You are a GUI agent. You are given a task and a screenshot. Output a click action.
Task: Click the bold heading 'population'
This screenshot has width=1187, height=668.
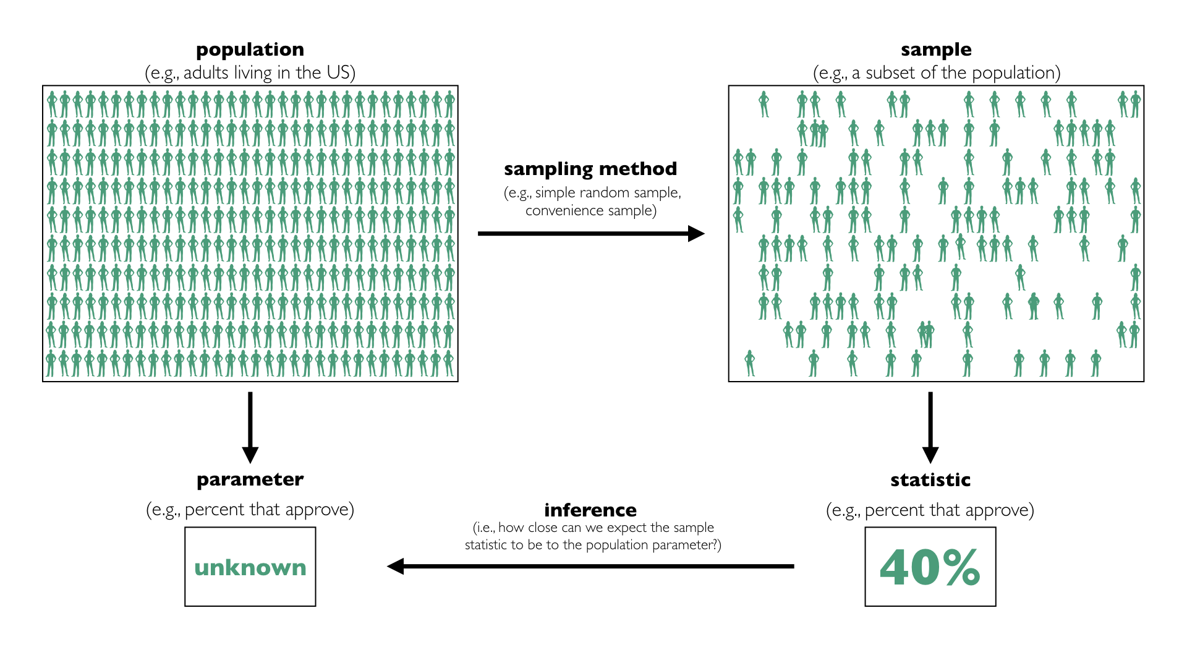(x=250, y=49)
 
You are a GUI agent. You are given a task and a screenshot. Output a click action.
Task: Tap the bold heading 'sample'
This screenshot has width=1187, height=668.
(x=936, y=49)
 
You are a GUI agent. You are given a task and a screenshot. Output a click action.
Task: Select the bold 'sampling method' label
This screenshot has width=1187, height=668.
(x=590, y=169)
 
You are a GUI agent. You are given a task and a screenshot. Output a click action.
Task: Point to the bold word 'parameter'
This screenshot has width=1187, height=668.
(x=250, y=479)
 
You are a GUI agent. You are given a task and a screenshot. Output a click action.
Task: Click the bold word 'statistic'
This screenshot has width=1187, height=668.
(x=930, y=480)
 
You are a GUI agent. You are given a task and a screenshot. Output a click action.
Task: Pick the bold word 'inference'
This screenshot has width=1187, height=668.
(x=590, y=510)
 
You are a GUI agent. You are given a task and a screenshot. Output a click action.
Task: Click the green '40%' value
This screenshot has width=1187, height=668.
(x=930, y=567)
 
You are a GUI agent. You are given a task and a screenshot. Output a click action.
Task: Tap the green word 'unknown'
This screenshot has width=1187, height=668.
(x=250, y=567)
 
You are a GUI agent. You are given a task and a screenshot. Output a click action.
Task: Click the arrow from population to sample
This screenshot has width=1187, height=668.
(x=590, y=233)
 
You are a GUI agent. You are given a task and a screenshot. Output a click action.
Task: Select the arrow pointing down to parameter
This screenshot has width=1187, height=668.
(x=250, y=427)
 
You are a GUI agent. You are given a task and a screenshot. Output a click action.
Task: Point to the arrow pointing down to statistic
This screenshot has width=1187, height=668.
(x=930, y=427)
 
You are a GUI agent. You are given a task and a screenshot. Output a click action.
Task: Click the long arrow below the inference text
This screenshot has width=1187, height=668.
(x=590, y=566)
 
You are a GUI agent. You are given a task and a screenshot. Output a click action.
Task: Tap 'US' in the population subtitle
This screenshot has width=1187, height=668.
(x=338, y=73)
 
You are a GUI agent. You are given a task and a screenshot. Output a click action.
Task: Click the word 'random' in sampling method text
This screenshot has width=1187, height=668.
(x=606, y=192)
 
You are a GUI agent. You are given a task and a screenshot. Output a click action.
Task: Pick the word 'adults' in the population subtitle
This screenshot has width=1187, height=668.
(x=206, y=73)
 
